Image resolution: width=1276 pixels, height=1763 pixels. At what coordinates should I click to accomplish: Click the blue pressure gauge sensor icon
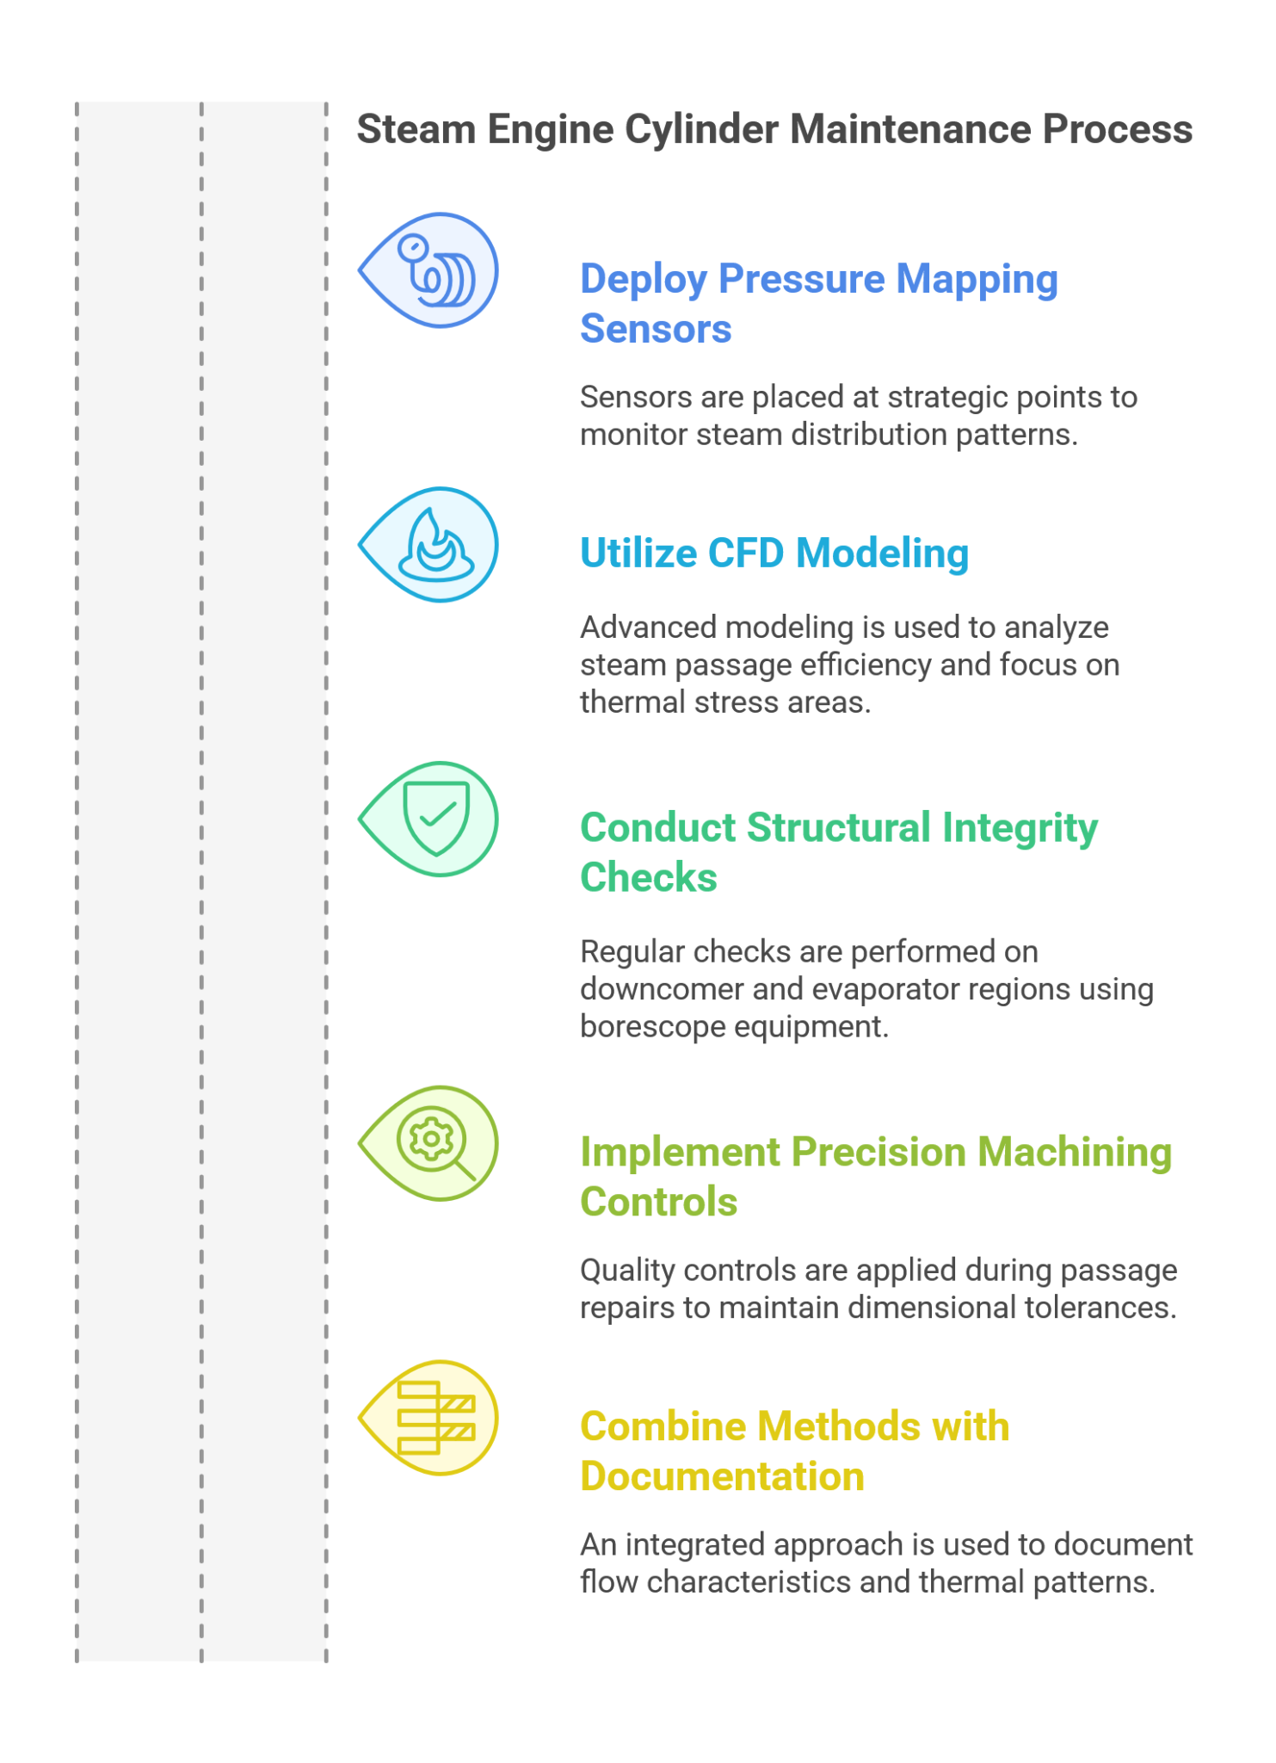(x=436, y=271)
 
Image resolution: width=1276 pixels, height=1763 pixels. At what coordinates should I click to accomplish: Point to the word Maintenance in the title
(x=910, y=129)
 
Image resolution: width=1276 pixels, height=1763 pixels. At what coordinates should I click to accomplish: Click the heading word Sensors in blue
(x=656, y=329)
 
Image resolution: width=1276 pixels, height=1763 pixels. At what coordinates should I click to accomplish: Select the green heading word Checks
(x=649, y=877)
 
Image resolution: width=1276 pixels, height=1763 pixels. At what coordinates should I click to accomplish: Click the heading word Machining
(x=1075, y=1154)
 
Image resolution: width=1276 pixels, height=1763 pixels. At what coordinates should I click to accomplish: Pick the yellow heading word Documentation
(x=722, y=1476)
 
